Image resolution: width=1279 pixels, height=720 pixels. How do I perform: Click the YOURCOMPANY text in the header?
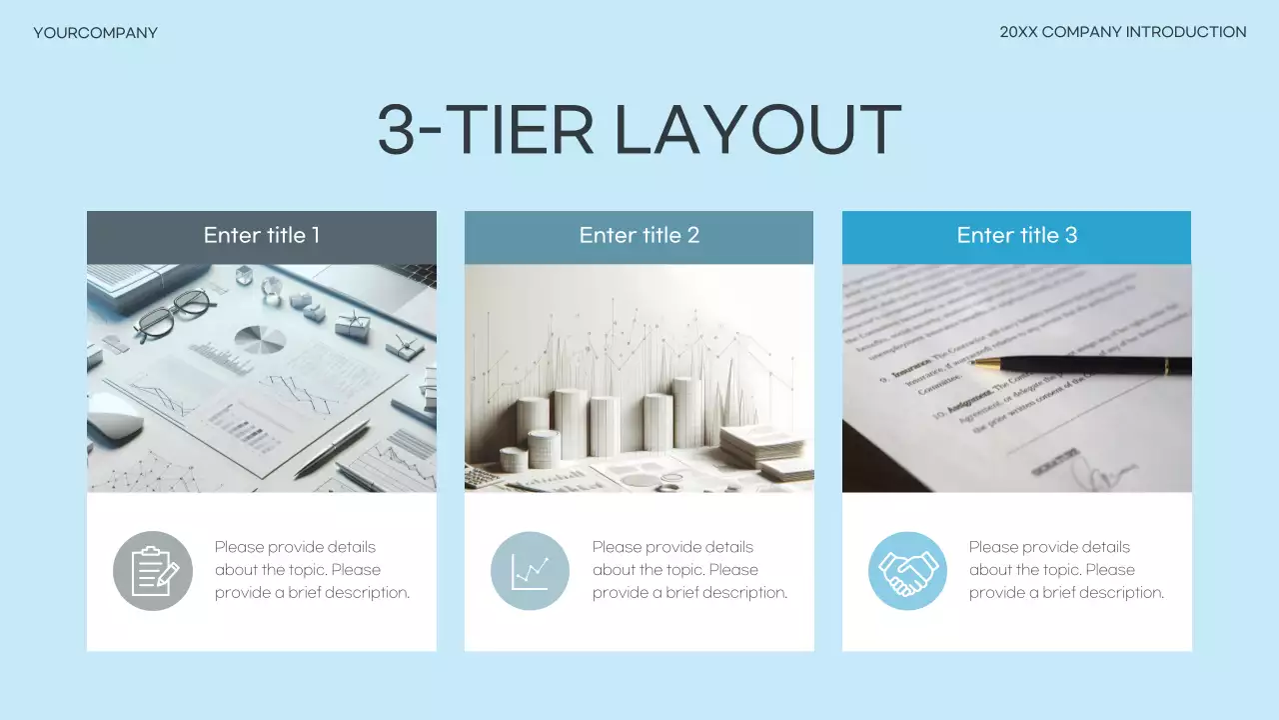95,33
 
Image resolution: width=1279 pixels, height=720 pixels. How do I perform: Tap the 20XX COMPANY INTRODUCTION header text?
1122,32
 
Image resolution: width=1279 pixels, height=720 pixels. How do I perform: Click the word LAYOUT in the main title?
756,131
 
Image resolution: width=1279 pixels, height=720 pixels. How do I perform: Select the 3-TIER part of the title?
486,131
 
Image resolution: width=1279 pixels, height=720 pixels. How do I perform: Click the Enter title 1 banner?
262,236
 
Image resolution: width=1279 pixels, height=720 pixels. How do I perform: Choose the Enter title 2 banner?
639,236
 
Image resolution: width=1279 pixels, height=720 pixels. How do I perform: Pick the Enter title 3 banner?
1016,236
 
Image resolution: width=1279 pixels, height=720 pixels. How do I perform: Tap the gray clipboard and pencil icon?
153,571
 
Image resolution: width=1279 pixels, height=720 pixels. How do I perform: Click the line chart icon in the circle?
530,571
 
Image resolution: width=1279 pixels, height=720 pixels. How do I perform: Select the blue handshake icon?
907,571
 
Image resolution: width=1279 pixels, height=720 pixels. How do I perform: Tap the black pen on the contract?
1099,365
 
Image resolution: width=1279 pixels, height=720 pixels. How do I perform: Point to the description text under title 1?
312,570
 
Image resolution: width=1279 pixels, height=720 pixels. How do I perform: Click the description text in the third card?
1066,570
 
